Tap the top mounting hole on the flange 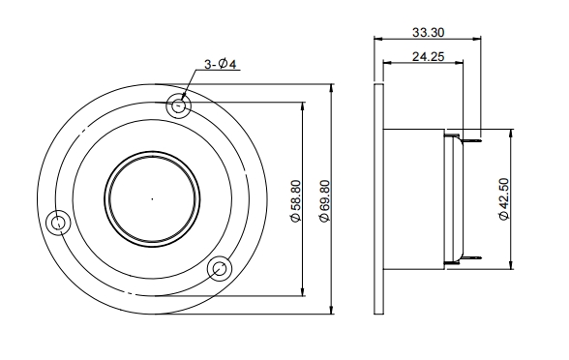point(177,105)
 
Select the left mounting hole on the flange point(60,225)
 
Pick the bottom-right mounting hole point(220,267)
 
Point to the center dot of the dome point(151,198)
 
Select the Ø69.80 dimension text point(323,200)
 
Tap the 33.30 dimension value point(427,31)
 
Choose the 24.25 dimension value point(427,58)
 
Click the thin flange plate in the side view point(377,199)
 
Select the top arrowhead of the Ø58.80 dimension point(303,107)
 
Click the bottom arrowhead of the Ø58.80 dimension point(303,292)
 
